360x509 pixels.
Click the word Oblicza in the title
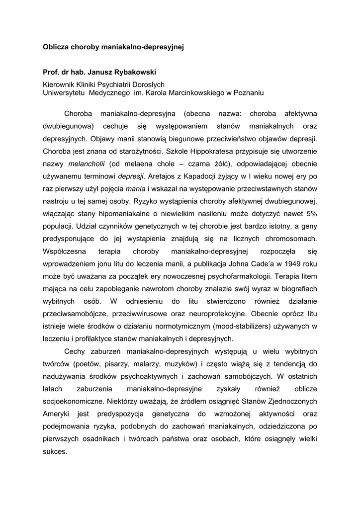56,48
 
